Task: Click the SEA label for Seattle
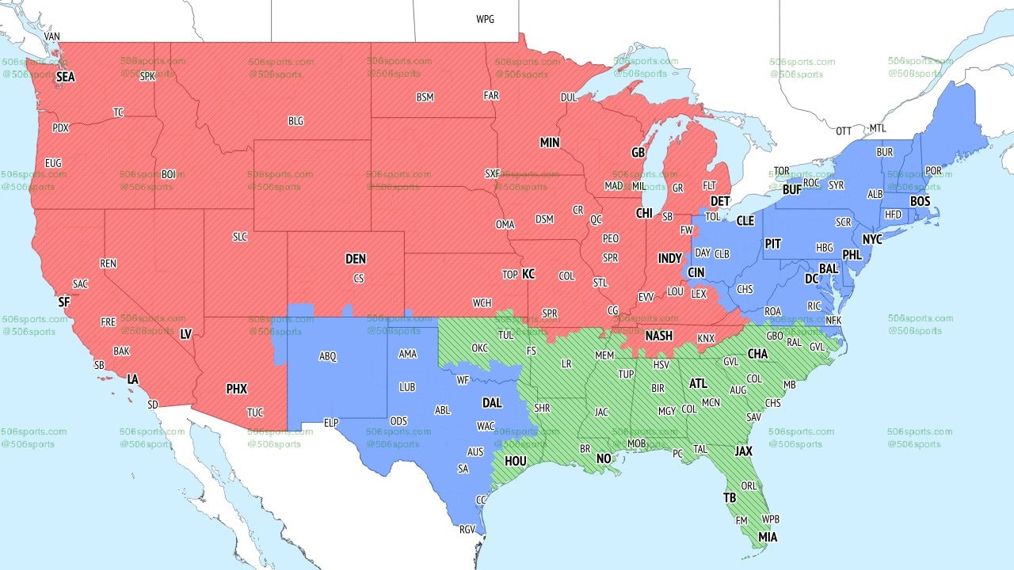click(65, 77)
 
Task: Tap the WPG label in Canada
click(485, 19)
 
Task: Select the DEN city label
click(356, 259)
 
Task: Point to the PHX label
click(236, 389)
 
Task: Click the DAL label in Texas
click(492, 403)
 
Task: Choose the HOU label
click(516, 461)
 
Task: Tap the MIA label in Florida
click(767, 538)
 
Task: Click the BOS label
click(920, 201)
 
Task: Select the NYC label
click(872, 239)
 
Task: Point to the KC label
click(528, 274)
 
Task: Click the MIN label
click(550, 142)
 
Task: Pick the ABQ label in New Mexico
click(328, 357)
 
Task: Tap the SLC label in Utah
click(240, 237)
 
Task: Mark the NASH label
click(658, 336)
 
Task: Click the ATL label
click(698, 383)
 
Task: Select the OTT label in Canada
click(844, 130)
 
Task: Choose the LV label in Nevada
click(186, 334)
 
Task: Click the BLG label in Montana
click(295, 121)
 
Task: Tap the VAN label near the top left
click(52, 36)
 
